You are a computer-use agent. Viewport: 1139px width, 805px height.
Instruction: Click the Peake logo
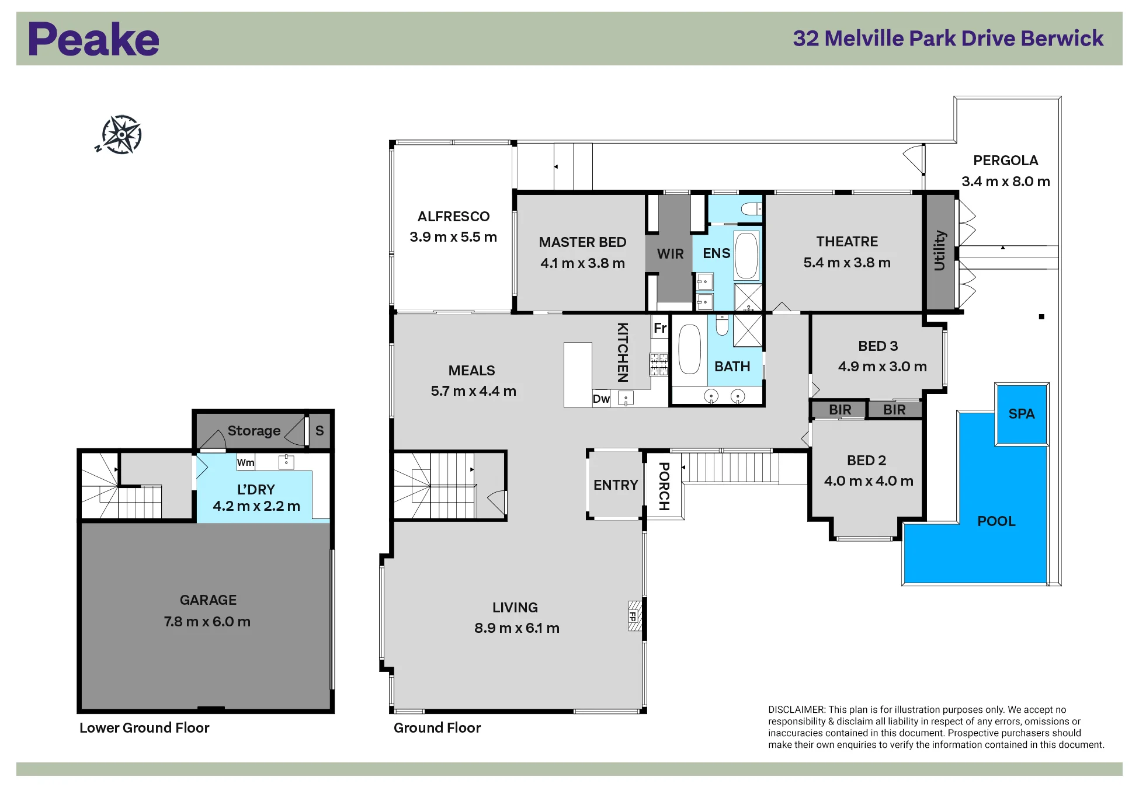tap(93, 39)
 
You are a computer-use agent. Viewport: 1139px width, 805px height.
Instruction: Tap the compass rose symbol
tap(120, 135)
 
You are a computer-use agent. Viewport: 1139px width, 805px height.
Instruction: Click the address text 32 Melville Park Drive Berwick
tap(948, 39)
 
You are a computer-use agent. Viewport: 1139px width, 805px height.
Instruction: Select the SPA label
tap(1022, 414)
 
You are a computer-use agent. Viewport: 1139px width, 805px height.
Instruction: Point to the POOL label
tap(996, 521)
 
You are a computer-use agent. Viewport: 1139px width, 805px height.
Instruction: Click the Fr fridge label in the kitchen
tap(660, 328)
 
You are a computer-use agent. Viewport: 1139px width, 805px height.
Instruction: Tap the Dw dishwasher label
tap(601, 399)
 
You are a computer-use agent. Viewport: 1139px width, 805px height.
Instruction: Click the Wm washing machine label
tap(245, 462)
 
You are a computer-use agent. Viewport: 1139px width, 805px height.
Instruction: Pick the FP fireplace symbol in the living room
tap(634, 616)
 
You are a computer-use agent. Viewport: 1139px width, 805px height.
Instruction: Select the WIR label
tap(670, 254)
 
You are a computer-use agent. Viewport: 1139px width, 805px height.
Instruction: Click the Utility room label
tap(939, 250)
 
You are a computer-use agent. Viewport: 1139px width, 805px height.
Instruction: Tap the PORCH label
tap(664, 486)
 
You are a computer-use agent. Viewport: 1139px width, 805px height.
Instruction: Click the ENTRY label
tap(616, 485)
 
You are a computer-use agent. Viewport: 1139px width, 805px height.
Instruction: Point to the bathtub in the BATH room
tap(689, 349)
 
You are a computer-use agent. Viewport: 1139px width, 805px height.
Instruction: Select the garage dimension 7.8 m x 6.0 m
tap(207, 622)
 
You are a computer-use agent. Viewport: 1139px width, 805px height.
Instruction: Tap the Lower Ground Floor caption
tap(144, 728)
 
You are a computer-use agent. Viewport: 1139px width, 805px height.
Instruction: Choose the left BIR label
tap(840, 410)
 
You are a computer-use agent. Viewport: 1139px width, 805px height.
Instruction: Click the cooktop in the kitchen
tap(659, 364)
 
